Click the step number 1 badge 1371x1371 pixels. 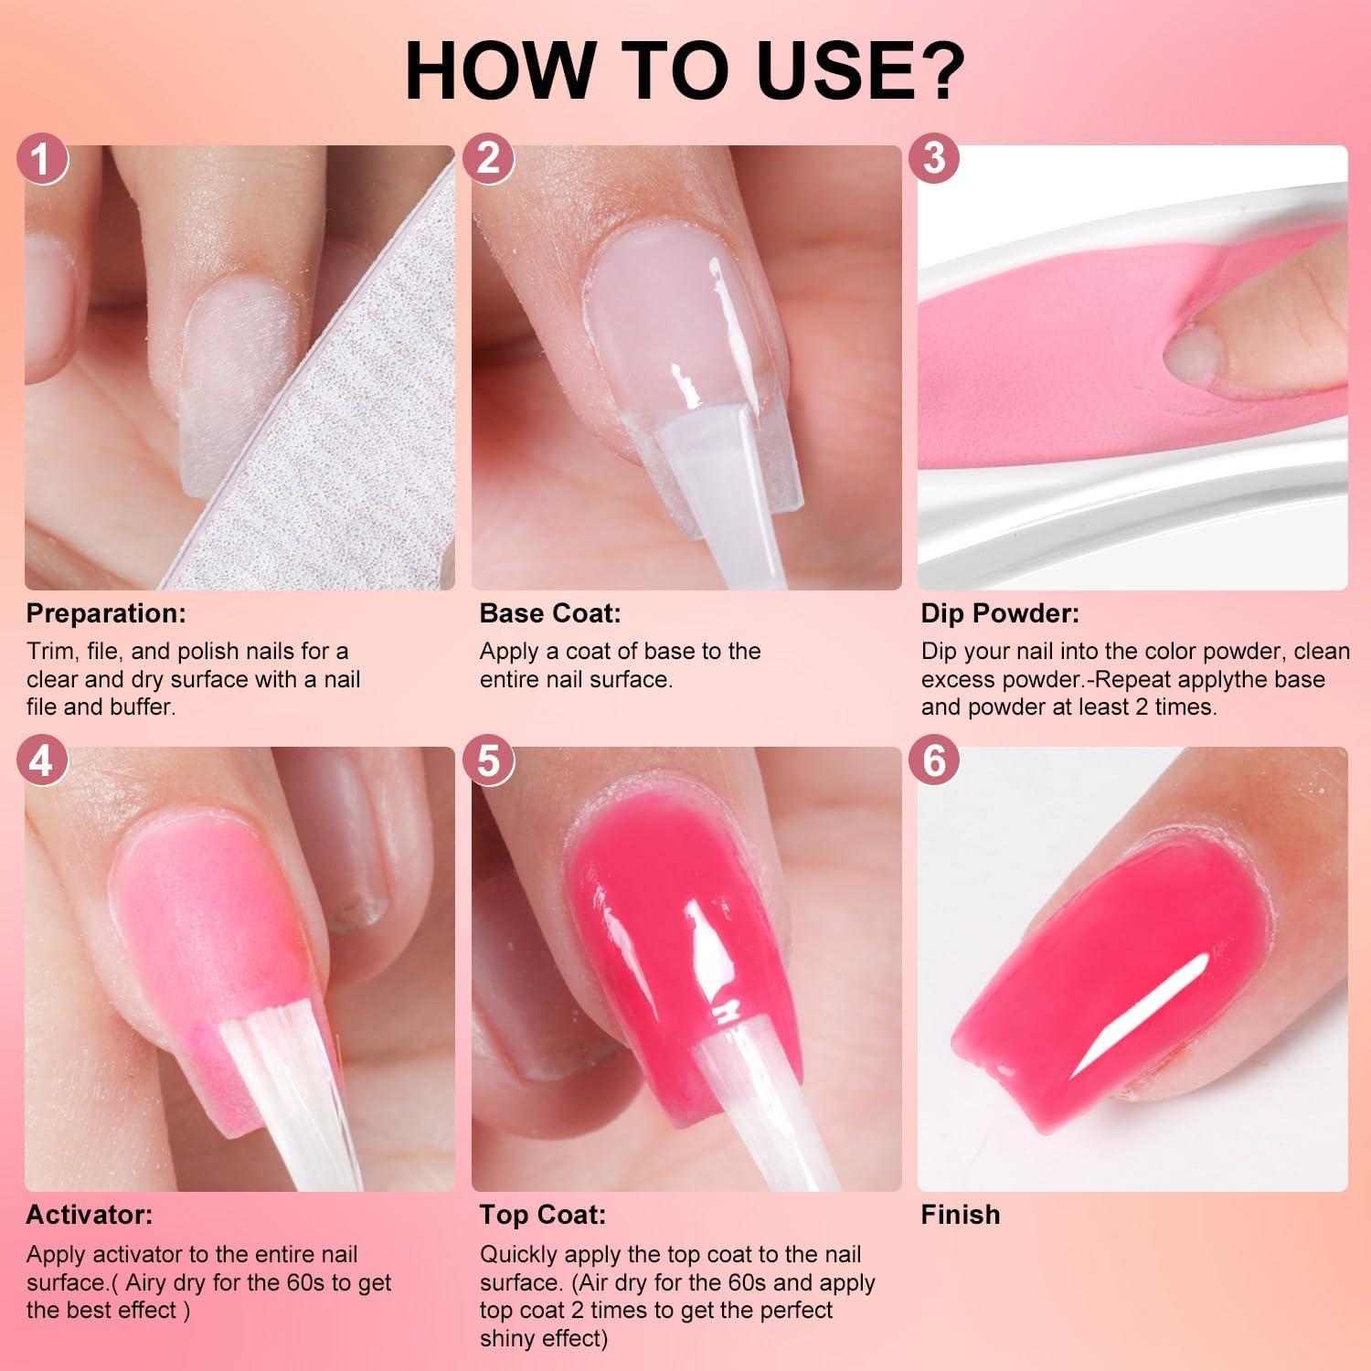pyautogui.click(x=42, y=159)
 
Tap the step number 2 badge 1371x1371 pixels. pyautogui.click(x=488, y=159)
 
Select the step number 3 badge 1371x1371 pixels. pyautogui.click(x=933, y=158)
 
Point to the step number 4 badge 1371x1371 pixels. pyautogui.click(x=42, y=760)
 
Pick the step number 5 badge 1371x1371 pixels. pyautogui.click(x=488, y=760)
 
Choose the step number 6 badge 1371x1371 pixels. pyautogui.click(x=933, y=760)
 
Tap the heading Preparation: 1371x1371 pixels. pyautogui.click(x=106, y=613)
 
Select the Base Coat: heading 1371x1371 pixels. pyautogui.click(x=549, y=613)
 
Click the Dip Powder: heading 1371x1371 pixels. pyautogui.click(x=1000, y=613)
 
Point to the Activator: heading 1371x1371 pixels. pyautogui.click(x=90, y=1215)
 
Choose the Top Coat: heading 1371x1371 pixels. pyautogui.click(x=542, y=1215)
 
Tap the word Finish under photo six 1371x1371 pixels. pyautogui.click(x=960, y=1215)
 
